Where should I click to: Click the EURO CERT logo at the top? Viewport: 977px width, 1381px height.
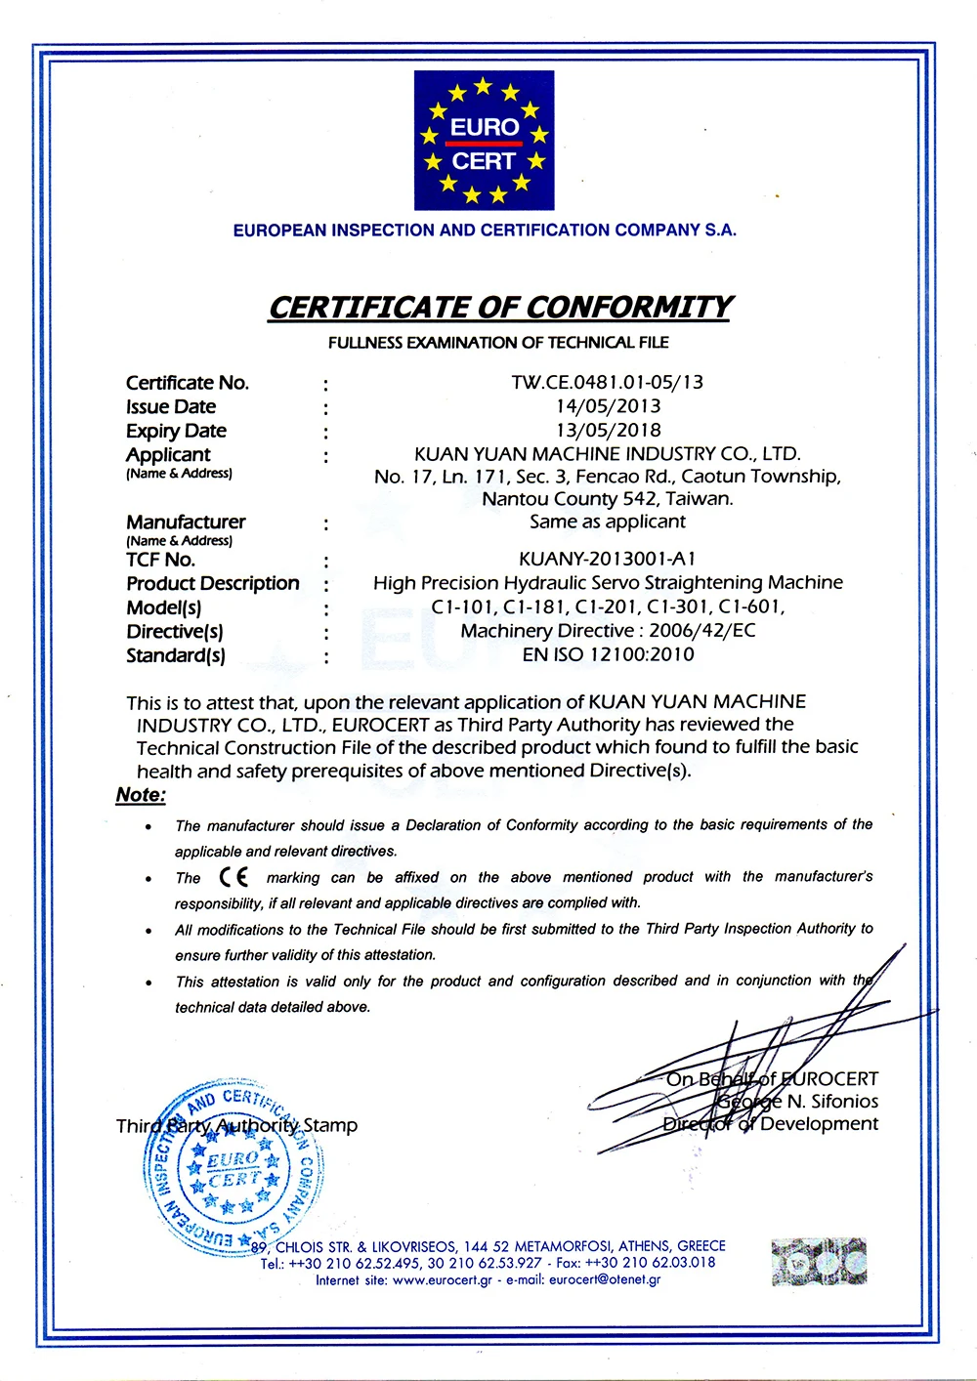pos(484,141)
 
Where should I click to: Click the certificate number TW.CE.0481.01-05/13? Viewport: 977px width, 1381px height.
pos(607,382)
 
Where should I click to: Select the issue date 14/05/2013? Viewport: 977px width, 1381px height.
pos(608,406)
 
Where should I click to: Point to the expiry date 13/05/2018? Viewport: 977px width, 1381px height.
pos(608,430)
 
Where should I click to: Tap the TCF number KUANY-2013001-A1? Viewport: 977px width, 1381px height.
pos(608,559)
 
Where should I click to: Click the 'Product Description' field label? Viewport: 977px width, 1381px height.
pos(213,583)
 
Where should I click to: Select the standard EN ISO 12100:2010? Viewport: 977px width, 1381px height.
pos(608,654)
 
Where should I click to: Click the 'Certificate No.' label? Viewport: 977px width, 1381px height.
pos(188,383)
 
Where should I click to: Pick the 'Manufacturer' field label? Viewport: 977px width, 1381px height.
pos(186,523)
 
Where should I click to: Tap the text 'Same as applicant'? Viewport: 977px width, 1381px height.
pos(608,522)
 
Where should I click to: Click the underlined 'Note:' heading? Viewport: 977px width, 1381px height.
pos(141,795)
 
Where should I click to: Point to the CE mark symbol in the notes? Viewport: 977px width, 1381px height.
pos(234,877)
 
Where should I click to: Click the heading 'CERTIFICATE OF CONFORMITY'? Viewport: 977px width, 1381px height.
pos(499,308)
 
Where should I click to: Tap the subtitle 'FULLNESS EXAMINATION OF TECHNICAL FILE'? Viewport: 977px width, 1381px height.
pos(498,343)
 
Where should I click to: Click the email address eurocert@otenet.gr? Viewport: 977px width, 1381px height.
pos(605,1279)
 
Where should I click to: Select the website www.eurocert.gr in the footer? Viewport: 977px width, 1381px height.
pos(442,1279)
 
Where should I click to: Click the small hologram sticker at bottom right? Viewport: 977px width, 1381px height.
pos(819,1261)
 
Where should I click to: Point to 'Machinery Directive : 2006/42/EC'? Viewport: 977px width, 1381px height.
pos(608,631)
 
